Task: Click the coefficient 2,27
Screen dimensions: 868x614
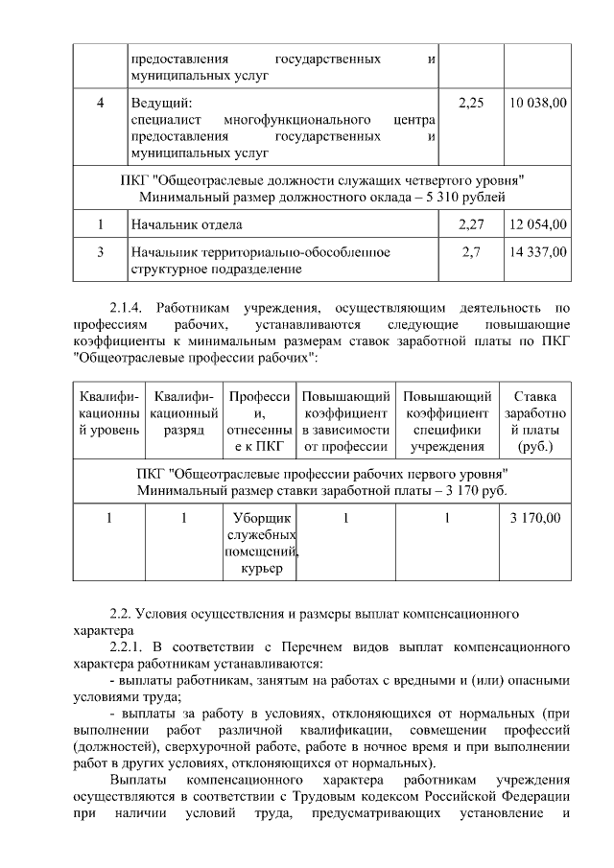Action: click(471, 224)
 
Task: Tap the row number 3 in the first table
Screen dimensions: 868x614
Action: click(100, 252)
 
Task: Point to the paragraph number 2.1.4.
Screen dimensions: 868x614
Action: click(127, 309)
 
